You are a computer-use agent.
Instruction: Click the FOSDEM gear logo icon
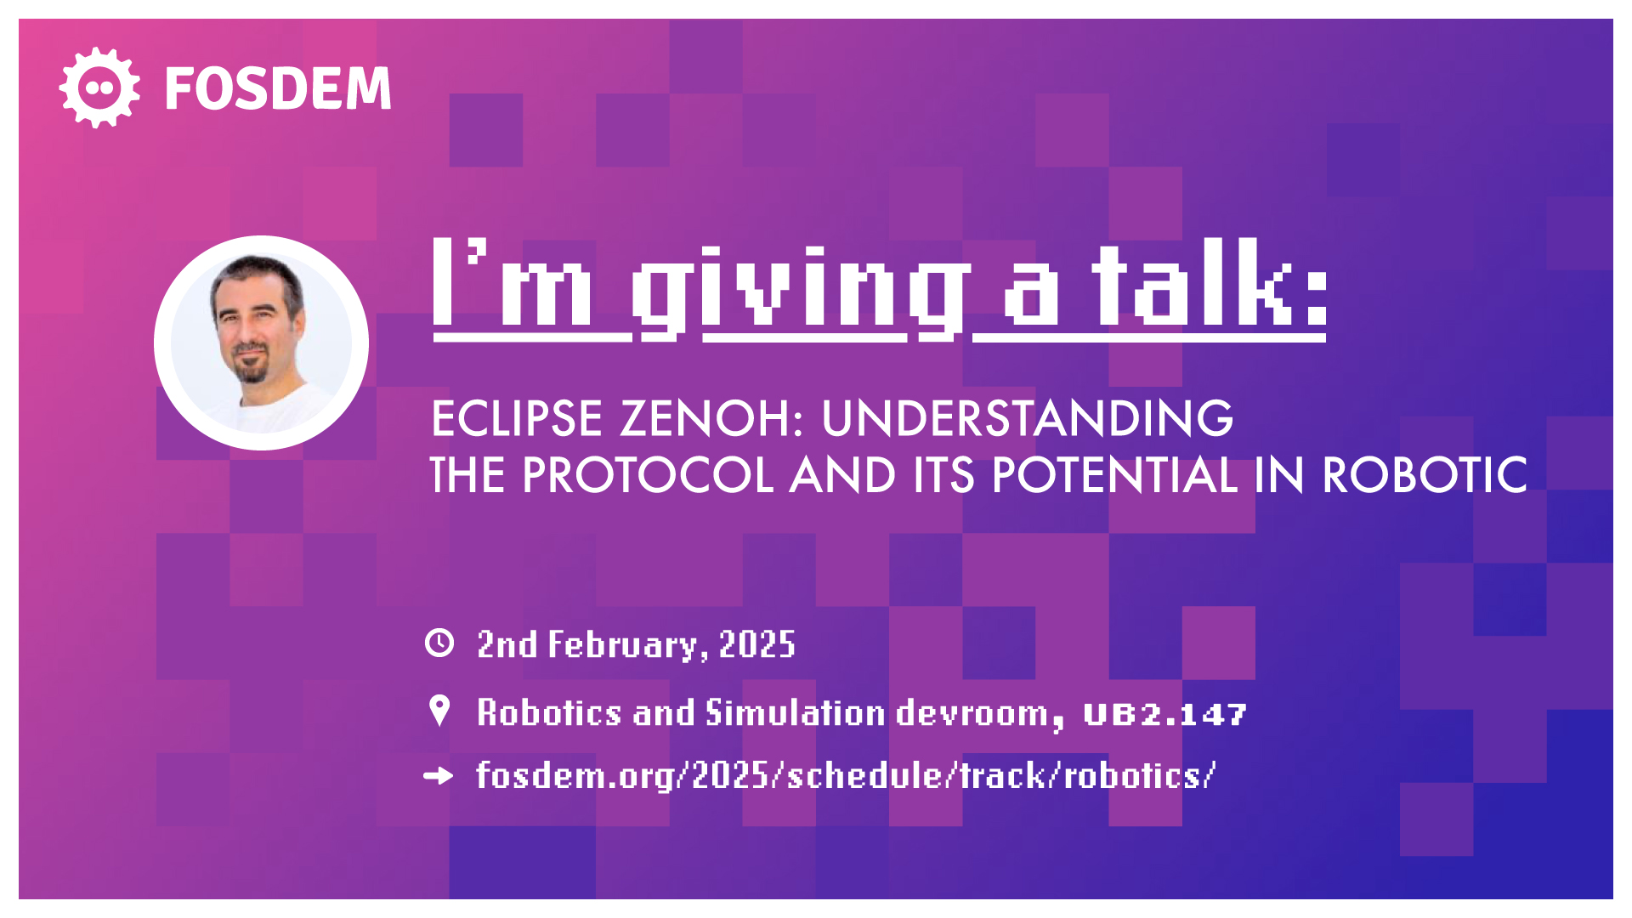pyautogui.click(x=99, y=88)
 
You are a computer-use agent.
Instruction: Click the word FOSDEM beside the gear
pyautogui.click(x=278, y=88)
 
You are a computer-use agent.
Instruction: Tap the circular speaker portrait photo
pyautogui.click(x=261, y=343)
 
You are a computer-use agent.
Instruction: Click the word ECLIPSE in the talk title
pyautogui.click(x=517, y=418)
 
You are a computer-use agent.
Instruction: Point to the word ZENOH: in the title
pyautogui.click(x=711, y=418)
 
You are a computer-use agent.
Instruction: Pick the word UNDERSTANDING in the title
pyautogui.click(x=1027, y=418)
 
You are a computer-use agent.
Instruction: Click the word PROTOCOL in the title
pyautogui.click(x=648, y=474)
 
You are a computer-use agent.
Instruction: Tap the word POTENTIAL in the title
pyautogui.click(x=1114, y=474)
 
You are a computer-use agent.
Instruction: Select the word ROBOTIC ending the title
pyautogui.click(x=1425, y=474)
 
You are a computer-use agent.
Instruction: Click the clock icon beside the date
pyautogui.click(x=439, y=643)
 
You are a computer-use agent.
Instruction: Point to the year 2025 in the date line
pyautogui.click(x=757, y=644)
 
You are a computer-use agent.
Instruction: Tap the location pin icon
pyautogui.click(x=439, y=711)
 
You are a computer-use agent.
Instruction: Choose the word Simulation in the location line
pyautogui.click(x=796, y=712)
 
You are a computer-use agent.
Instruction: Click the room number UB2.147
pyautogui.click(x=1165, y=715)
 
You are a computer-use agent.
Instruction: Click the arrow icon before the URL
pyautogui.click(x=439, y=775)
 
